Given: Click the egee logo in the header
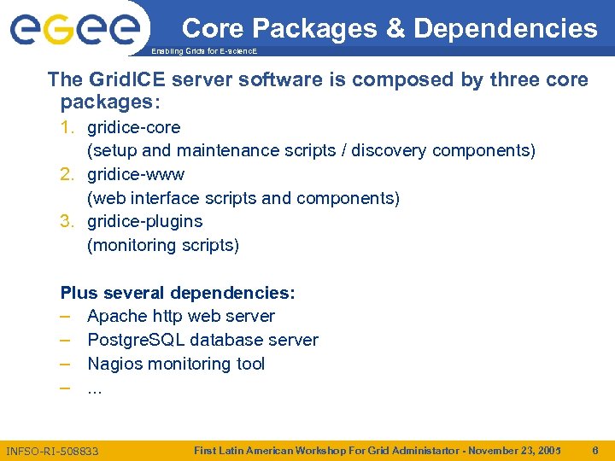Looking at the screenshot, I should tap(74, 30).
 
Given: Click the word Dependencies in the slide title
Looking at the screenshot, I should tap(506, 28).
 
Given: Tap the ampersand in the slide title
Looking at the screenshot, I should tap(395, 28).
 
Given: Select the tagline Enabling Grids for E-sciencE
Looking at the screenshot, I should tap(204, 52).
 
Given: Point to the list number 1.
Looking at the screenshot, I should tap(67, 127).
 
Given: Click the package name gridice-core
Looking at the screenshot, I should tap(133, 127).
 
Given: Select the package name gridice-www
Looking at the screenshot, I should tap(136, 174).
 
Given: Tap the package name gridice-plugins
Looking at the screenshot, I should tap(144, 221).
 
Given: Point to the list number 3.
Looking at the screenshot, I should tap(67, 221).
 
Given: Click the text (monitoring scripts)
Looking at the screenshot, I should tap(163, 245).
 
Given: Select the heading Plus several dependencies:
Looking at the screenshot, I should tap(178, 293).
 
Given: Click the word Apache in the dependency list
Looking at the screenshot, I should tap(117, 316).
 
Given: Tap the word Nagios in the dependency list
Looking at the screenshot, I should tap(114, 364).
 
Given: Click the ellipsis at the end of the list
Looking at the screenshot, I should tap(95, 389).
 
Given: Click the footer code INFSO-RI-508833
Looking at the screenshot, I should tap(52, 450).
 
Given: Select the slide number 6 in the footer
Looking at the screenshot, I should tap(594, 449).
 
